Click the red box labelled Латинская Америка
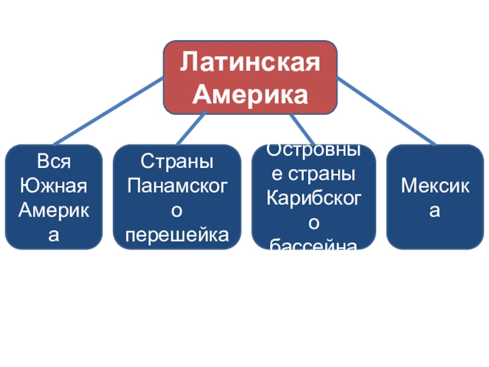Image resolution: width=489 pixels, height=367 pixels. (x=249, y=78)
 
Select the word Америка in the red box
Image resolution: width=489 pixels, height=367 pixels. (x=249, y=94)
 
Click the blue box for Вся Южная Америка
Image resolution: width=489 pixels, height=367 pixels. (x=54, y=197)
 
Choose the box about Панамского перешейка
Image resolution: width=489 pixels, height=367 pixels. (x=177, y=197)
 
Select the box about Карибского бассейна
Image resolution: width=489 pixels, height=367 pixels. (x=312, y=197)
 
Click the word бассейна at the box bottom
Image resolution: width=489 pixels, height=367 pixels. (x=312, y=246)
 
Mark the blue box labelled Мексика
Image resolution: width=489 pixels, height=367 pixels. (x=435, y=197)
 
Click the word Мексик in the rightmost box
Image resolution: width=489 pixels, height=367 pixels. (x=435, y=185)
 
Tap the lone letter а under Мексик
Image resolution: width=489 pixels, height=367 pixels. (x=435, y=210)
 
